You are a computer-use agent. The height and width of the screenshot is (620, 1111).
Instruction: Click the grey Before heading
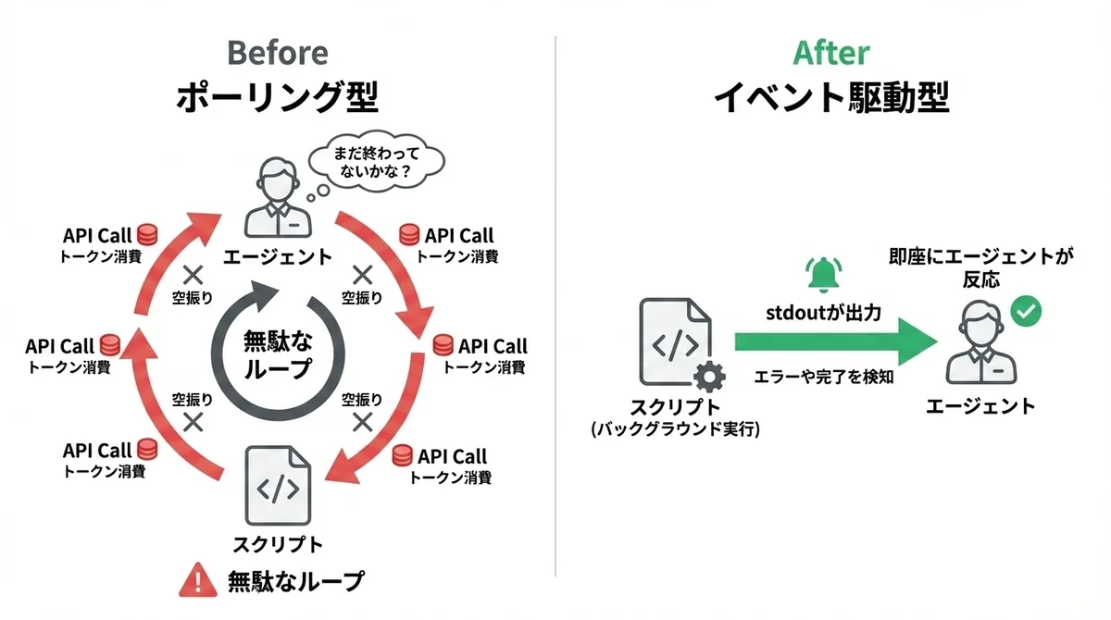[x=277, y=52]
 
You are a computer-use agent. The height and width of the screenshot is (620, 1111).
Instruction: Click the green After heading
[x=830, y=52]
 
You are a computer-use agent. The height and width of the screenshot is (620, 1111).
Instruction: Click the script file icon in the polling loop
[x=277, y=486]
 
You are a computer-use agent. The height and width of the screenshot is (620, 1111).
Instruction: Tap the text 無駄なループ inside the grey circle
[x=278, y=353]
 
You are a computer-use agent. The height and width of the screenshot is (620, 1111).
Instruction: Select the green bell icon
[x=820, y=272]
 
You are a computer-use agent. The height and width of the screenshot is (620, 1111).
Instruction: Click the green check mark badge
[x=1024, y=312]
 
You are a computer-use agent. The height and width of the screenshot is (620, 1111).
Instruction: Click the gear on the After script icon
[x=708, y=378]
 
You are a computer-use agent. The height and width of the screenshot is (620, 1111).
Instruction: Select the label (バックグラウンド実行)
[x=674, y=430]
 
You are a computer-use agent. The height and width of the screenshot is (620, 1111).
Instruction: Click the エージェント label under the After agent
[x=980, y=406]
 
